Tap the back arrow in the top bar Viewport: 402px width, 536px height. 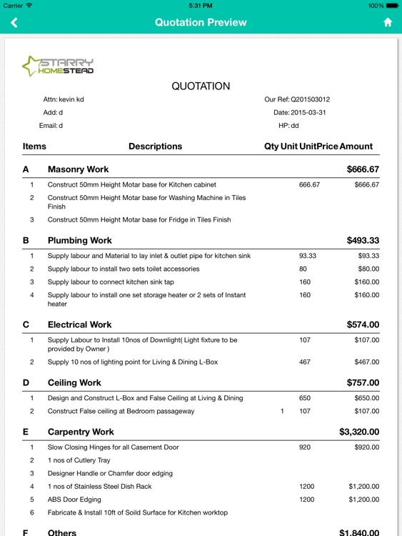[x=14, y=22]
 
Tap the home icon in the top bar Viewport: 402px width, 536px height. [x=388, y=22]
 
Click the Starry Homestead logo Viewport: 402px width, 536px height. [x=59, y=66]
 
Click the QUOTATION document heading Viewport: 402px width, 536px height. [x=201, y=86]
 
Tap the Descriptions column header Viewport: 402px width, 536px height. [x=155, y=147]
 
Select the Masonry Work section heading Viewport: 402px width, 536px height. [x=78, y=169]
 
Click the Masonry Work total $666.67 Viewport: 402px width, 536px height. [x=363, y=169]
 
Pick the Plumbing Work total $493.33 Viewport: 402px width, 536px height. [x=363, y=241]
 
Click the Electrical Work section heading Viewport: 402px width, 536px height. [x=80, y=324]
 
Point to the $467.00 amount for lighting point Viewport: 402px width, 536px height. [x=366, y=362]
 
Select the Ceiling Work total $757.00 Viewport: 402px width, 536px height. [x=363, y=383]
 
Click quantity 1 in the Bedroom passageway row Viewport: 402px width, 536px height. [x=282, y=412]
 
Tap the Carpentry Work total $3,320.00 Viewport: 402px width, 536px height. [x=359, y=432]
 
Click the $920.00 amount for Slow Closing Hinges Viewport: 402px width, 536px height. [x=366, y=447]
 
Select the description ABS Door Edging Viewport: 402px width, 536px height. [x=75, y=499]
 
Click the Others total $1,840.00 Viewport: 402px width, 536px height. [x=359, y=532]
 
